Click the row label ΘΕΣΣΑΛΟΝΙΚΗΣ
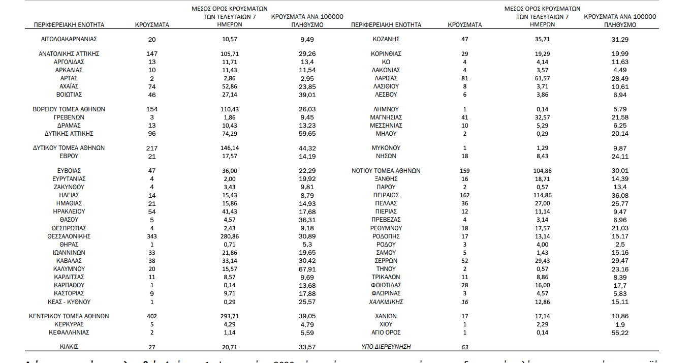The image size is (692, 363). click(x=69, y=236)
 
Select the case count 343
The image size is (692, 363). click(x=152, y=236)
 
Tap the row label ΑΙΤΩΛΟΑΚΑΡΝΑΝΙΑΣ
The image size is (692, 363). click(x=69, y=39)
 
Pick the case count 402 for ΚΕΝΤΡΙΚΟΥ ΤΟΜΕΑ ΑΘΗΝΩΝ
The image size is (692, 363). click(x=152, y=316)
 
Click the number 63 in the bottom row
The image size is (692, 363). click(x=464, y=347)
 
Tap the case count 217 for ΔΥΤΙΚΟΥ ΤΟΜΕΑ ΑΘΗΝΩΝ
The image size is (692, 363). click(x=152, y=148)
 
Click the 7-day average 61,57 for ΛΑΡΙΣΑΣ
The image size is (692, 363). click(x=542, y=78)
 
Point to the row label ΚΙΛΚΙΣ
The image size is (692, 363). click(x=69, y=347)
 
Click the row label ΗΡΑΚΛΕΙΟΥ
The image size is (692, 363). click(x=69, y=211)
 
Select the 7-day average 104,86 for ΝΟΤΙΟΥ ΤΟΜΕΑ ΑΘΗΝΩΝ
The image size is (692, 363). click(x=542, y=171)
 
